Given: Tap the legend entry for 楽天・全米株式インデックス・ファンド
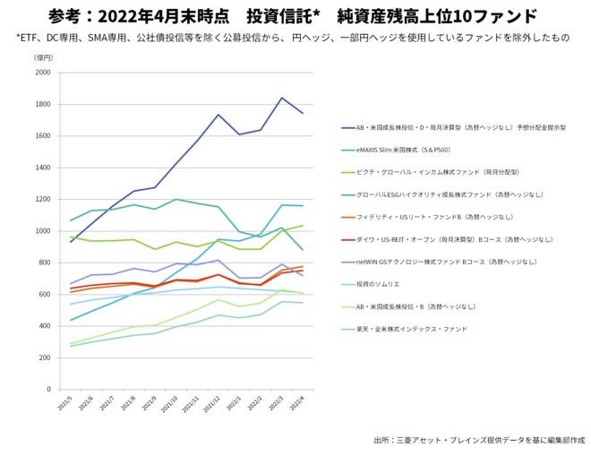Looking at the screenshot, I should point(411,329).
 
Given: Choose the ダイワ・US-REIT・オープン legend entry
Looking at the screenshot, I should point(438,239).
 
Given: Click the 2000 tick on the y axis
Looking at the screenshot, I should point(42,73).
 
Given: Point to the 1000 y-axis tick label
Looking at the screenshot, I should point(42,231).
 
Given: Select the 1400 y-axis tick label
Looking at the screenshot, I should point(42,168).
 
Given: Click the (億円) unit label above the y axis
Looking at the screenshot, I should point(43,57).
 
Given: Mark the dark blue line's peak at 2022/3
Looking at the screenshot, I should point(282,98).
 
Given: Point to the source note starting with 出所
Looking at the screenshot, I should point(478,441).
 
